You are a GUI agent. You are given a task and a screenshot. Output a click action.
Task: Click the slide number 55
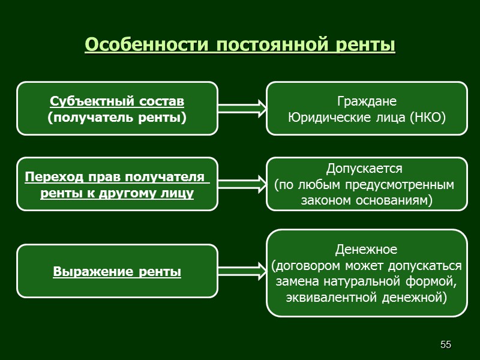pos(445,344)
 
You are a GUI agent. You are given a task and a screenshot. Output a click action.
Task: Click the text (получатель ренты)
pos(117,116)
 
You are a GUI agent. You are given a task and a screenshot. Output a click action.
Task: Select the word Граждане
pos(366,100)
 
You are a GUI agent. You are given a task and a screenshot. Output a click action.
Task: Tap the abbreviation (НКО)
pos(427,116)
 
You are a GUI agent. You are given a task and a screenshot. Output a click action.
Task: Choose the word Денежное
pos(366,248)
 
